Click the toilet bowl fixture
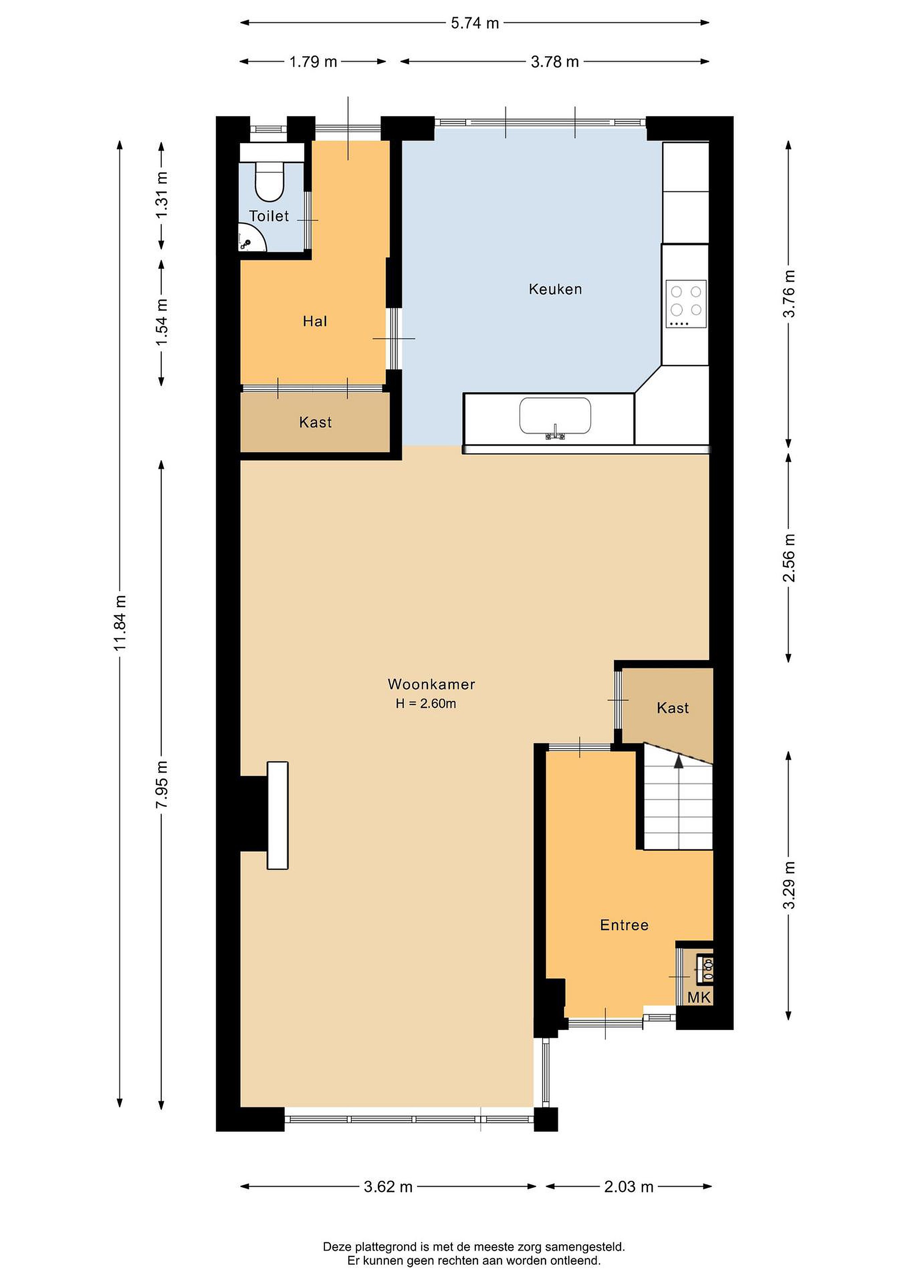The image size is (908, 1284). (270, 181)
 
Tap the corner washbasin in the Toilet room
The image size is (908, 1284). (250, 238)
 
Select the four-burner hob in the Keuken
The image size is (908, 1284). (686, 304)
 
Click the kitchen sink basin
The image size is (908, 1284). (555, 416)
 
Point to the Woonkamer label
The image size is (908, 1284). (431, 684)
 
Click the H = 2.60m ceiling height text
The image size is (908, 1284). (426, 704)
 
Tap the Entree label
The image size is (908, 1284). (624, 925)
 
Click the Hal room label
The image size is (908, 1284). (315, 321)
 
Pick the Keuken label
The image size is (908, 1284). (555, 289)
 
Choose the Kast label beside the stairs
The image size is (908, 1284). (673, 708)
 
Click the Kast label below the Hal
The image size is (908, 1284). (315, 422)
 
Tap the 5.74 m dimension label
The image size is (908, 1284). (475, 23)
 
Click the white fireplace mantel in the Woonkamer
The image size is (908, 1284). (277, 815)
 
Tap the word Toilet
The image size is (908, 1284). (269, 216)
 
